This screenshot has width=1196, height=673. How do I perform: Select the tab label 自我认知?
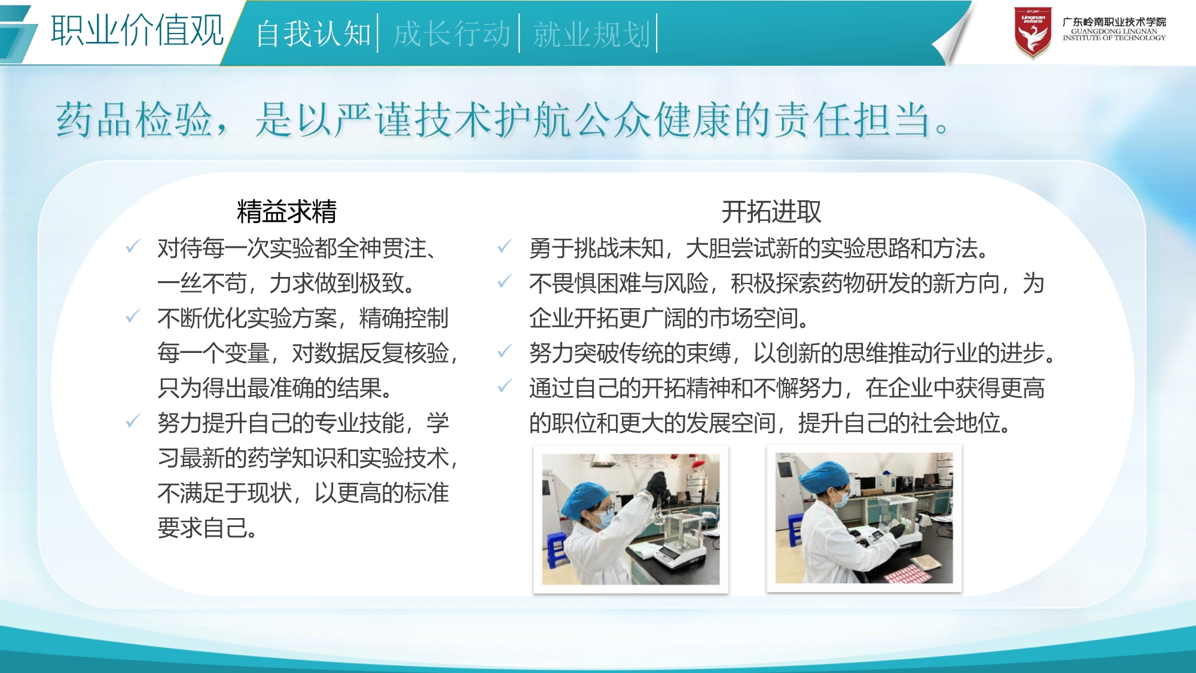tap(313, 34)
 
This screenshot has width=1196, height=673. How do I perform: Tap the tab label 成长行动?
tap(451, 34)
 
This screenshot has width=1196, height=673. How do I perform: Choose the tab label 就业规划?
tap(591, 34)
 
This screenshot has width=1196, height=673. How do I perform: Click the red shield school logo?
tap(1033, 33)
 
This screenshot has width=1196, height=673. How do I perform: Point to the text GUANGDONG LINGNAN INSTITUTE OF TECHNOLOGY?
tap(1114, 34)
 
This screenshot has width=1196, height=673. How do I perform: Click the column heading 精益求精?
tap(286, 211)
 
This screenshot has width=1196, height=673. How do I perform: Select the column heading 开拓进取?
tap(771, 211)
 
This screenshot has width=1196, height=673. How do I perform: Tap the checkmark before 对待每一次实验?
tap(133, 246)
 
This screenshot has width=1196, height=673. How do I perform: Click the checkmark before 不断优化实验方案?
tap(133, 316)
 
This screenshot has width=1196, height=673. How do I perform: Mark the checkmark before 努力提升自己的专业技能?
tap(133, 421)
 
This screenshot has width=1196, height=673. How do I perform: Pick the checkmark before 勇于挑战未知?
tap(505, 246)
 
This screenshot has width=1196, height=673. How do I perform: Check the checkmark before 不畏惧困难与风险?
tap(505, 281)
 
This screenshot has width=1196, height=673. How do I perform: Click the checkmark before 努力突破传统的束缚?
tap(505, 351)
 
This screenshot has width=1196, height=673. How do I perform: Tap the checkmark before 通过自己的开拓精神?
tap(505, 386)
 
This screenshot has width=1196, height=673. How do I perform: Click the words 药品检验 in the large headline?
tap(134, 119)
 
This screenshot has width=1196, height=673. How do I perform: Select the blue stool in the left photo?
tap(556, 550)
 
